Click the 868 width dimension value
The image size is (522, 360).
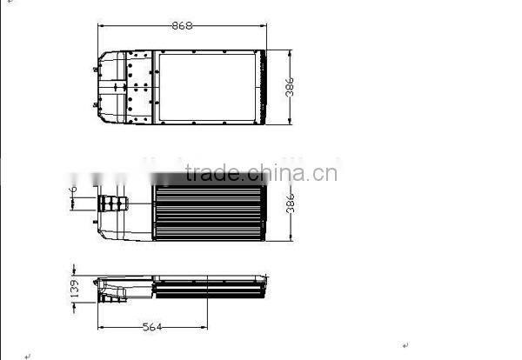(182, 26)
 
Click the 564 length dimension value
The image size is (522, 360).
(152, 327)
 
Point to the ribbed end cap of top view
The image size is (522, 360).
(262, 85)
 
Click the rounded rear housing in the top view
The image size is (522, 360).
(108, 85)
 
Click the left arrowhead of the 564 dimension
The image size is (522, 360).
(100, 327)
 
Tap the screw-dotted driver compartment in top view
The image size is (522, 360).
(139, 85)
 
